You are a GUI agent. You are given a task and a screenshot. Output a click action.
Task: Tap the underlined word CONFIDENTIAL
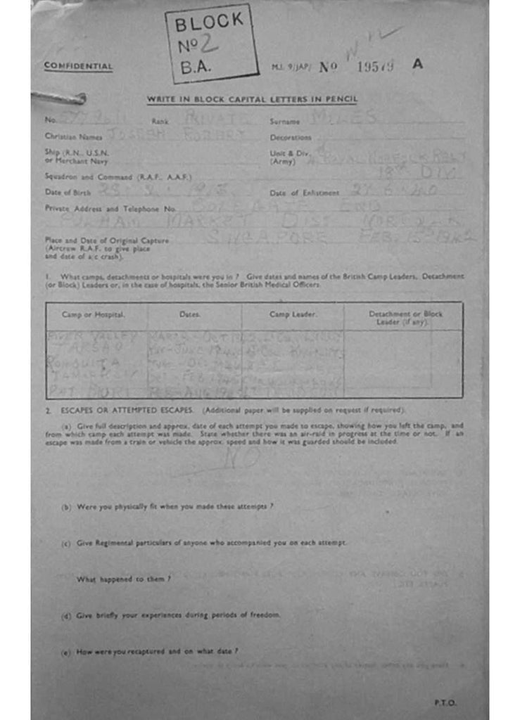click(78, 66)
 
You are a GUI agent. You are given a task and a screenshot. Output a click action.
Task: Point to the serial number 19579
click(375, 67)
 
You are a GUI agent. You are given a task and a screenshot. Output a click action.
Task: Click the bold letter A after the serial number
click(418, 64)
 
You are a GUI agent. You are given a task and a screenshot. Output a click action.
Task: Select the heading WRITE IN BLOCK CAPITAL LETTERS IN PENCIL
click(252, 99)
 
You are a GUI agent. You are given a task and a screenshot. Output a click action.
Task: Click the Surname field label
click(285, 122)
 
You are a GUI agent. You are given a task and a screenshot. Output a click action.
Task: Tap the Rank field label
click(160, 122)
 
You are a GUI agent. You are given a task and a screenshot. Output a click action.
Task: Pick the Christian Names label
click(73, 136)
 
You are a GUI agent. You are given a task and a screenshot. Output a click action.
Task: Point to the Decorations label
click(291, 138)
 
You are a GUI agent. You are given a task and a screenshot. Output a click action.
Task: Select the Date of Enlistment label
click(305, 193)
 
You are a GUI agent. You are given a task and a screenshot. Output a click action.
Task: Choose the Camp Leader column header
click(293, 314)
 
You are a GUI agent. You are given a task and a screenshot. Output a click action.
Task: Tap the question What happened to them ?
click(124, 579)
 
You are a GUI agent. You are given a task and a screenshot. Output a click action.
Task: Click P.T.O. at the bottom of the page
click(445, 702)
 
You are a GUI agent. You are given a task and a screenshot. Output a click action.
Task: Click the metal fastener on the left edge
click(59, 98)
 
